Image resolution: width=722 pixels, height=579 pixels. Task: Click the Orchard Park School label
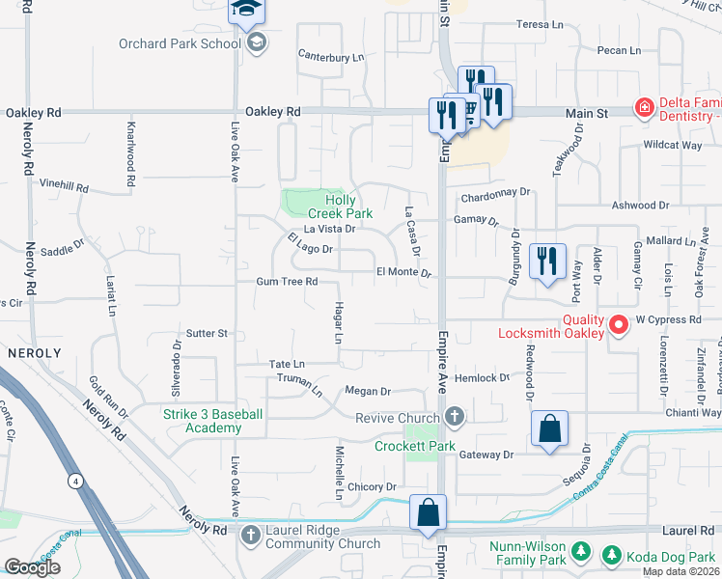[179, 43]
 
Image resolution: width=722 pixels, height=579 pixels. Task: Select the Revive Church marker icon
[455, 418]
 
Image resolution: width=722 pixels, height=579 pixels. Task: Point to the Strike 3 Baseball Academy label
[202, 421]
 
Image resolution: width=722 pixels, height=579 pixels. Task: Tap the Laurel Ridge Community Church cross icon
[250, 533]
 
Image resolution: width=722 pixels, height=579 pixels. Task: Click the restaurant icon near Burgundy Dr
[547, 261]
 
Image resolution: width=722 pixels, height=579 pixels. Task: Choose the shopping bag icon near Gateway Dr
[548, 428]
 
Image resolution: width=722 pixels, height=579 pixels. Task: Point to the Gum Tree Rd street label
[287, 282]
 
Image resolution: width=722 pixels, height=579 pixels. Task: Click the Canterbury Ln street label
[330, 57]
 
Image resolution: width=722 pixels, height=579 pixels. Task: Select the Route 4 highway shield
[73, 479]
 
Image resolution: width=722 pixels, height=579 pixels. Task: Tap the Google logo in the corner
[32, 567]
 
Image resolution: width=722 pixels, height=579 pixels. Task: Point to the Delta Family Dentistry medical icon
[644, 107]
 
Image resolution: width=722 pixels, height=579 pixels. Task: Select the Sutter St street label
[207, 334]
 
